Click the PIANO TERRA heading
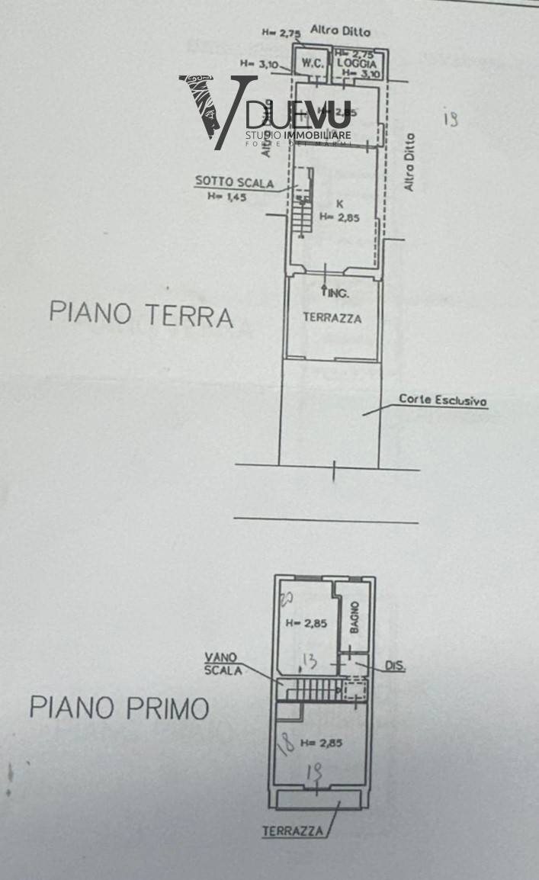coord(141,313)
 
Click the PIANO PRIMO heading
coord(119,708)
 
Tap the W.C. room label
coord(310,63)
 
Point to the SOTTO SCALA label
coord(222,181)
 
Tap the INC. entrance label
coord(335,293)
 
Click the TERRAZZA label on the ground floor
coord(332,318)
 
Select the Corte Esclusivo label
coord(443,400)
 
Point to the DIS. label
coord(395,666)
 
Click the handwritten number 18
coord(285,744)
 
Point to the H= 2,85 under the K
coord(338,217)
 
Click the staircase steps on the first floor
coord(313,689)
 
